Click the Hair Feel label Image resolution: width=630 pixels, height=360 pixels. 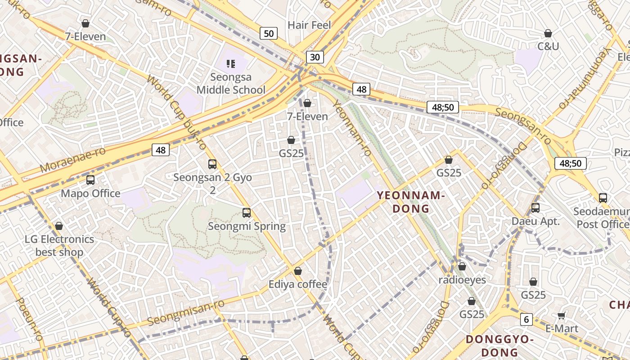click(x=309, y=25)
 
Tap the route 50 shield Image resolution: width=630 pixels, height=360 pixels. click(x=269, y=33)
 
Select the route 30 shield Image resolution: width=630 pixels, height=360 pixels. click(x=315, y=57)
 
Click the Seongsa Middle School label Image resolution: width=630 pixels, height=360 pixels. click(x=231, y=84)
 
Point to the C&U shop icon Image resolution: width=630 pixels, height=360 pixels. click(x=548, y=34)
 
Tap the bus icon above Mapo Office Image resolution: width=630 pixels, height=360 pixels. click(x=90, y=180)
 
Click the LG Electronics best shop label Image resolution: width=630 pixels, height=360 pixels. click(x=59, y=246)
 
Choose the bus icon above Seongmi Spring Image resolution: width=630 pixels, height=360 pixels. click(x=247, y=213)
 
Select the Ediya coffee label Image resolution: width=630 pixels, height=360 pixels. click(x=298, y=284)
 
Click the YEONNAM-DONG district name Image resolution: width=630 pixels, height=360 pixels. click(x=411, y=202)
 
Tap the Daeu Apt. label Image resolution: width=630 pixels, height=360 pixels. click(x=535, y=221)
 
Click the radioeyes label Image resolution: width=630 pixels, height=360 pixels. click(x=462, y=280)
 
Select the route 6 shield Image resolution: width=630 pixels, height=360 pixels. click(x=526, y=319)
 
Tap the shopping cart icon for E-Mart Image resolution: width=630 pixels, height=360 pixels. click(x=561, y=315)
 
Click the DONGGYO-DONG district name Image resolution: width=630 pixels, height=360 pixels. click(x=499, y=345)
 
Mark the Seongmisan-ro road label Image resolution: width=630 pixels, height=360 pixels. click(x=186, y=313)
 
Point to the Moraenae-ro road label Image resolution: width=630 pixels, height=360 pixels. click(x=72, y=160)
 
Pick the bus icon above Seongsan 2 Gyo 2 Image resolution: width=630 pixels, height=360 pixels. click(x=212, y=164)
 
